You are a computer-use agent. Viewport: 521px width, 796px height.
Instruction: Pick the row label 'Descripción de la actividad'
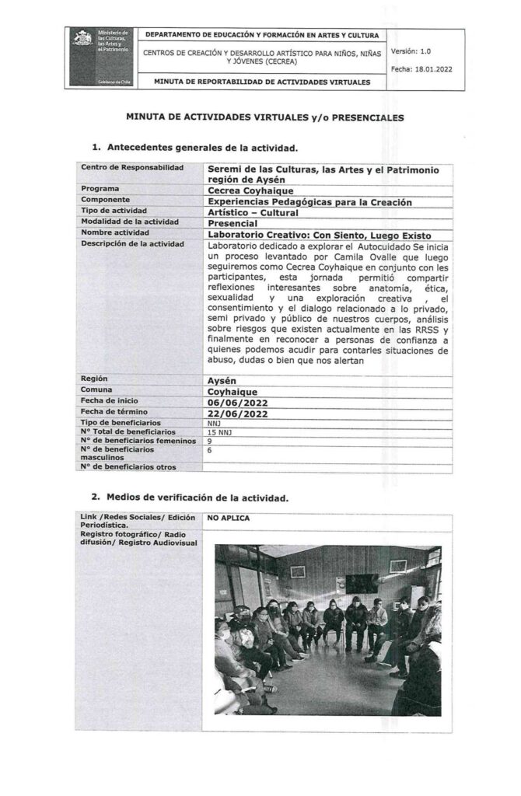coord(131,244)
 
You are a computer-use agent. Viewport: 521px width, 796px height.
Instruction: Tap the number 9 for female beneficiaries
coord(209,440)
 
